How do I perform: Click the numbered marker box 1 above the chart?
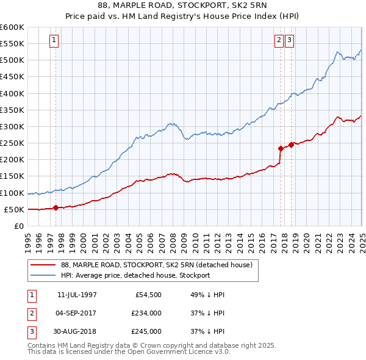54,41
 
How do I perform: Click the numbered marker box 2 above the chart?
279,41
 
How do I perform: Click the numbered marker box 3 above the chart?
289,41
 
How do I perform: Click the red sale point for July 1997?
56,207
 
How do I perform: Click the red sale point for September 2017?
281,148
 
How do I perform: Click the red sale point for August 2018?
292,145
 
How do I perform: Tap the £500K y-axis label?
12,60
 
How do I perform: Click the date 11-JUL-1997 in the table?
77,295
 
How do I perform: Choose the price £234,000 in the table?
146,313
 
